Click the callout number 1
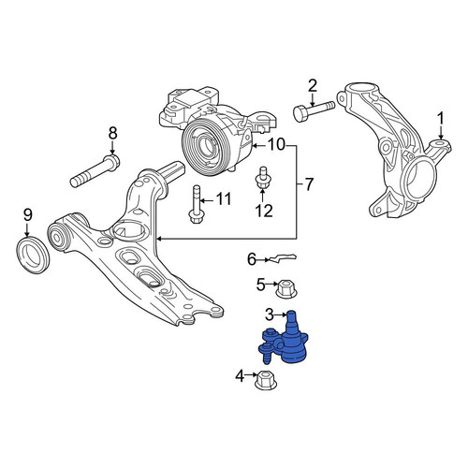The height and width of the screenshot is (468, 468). [x=441, y=120]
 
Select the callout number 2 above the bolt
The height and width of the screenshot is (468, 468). [x=313, y=86]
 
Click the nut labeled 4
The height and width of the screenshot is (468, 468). [x=266, y=380]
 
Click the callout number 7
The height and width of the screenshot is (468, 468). [x=308, y=184]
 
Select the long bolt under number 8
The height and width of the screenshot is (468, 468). [x=95, y=171]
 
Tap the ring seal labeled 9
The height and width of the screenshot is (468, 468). [x=33, y=256]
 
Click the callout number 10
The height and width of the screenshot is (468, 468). [x=276, y=145]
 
